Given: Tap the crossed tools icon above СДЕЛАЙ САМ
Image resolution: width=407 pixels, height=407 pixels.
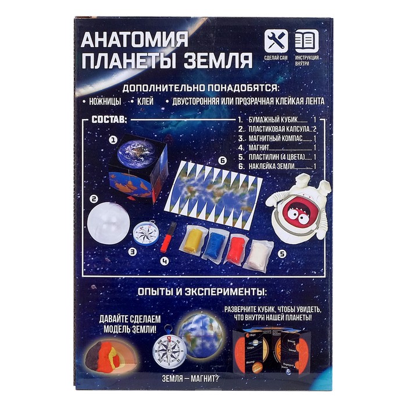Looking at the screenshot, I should click(276, 41).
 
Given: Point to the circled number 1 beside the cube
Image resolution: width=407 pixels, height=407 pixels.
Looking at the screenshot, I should click(114, 140).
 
